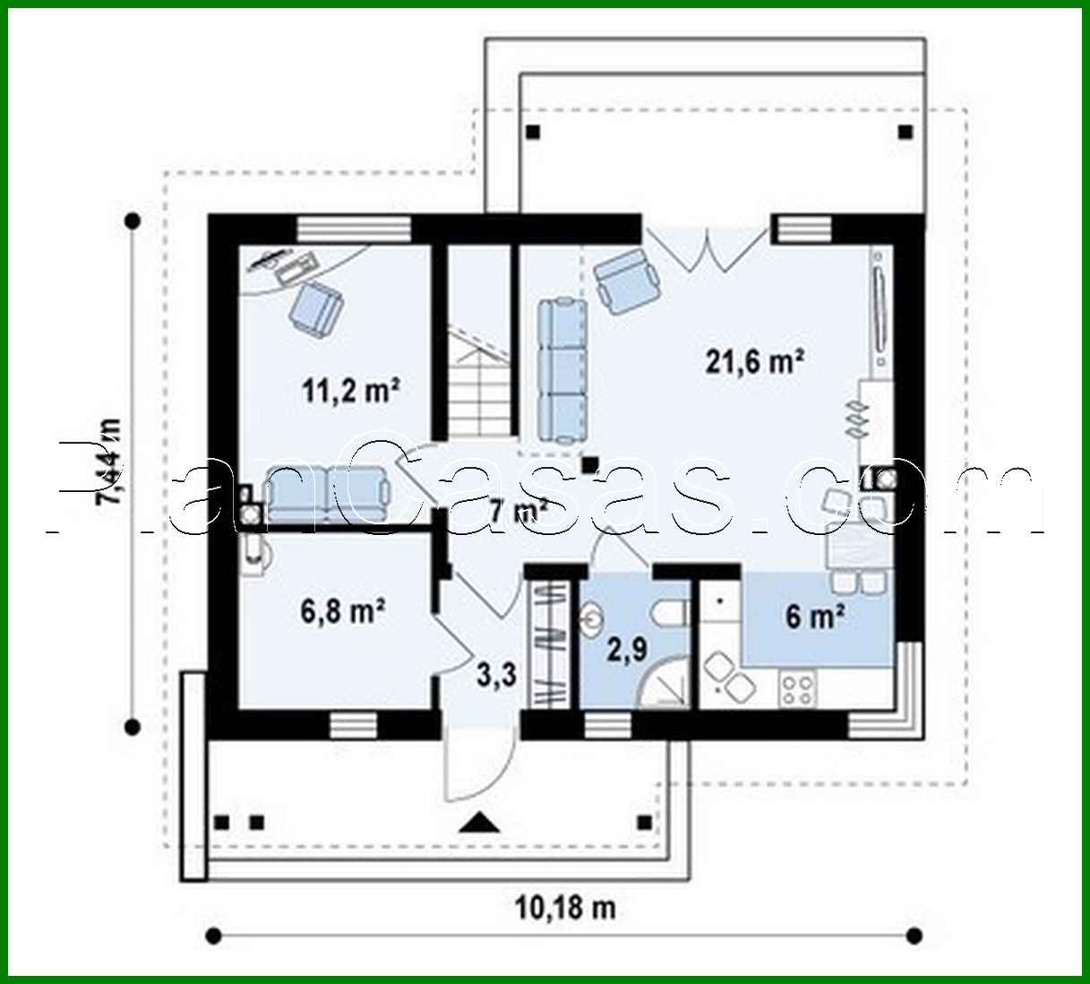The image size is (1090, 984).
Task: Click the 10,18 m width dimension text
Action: point(565,907)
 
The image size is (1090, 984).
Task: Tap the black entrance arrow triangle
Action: point(478,822)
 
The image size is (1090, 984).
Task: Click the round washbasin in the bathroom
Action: point(592,620)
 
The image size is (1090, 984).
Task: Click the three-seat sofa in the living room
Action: point(562,371)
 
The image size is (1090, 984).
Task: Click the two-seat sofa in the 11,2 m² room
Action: point(327,495)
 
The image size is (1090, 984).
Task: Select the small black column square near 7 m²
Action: point(590,464)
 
